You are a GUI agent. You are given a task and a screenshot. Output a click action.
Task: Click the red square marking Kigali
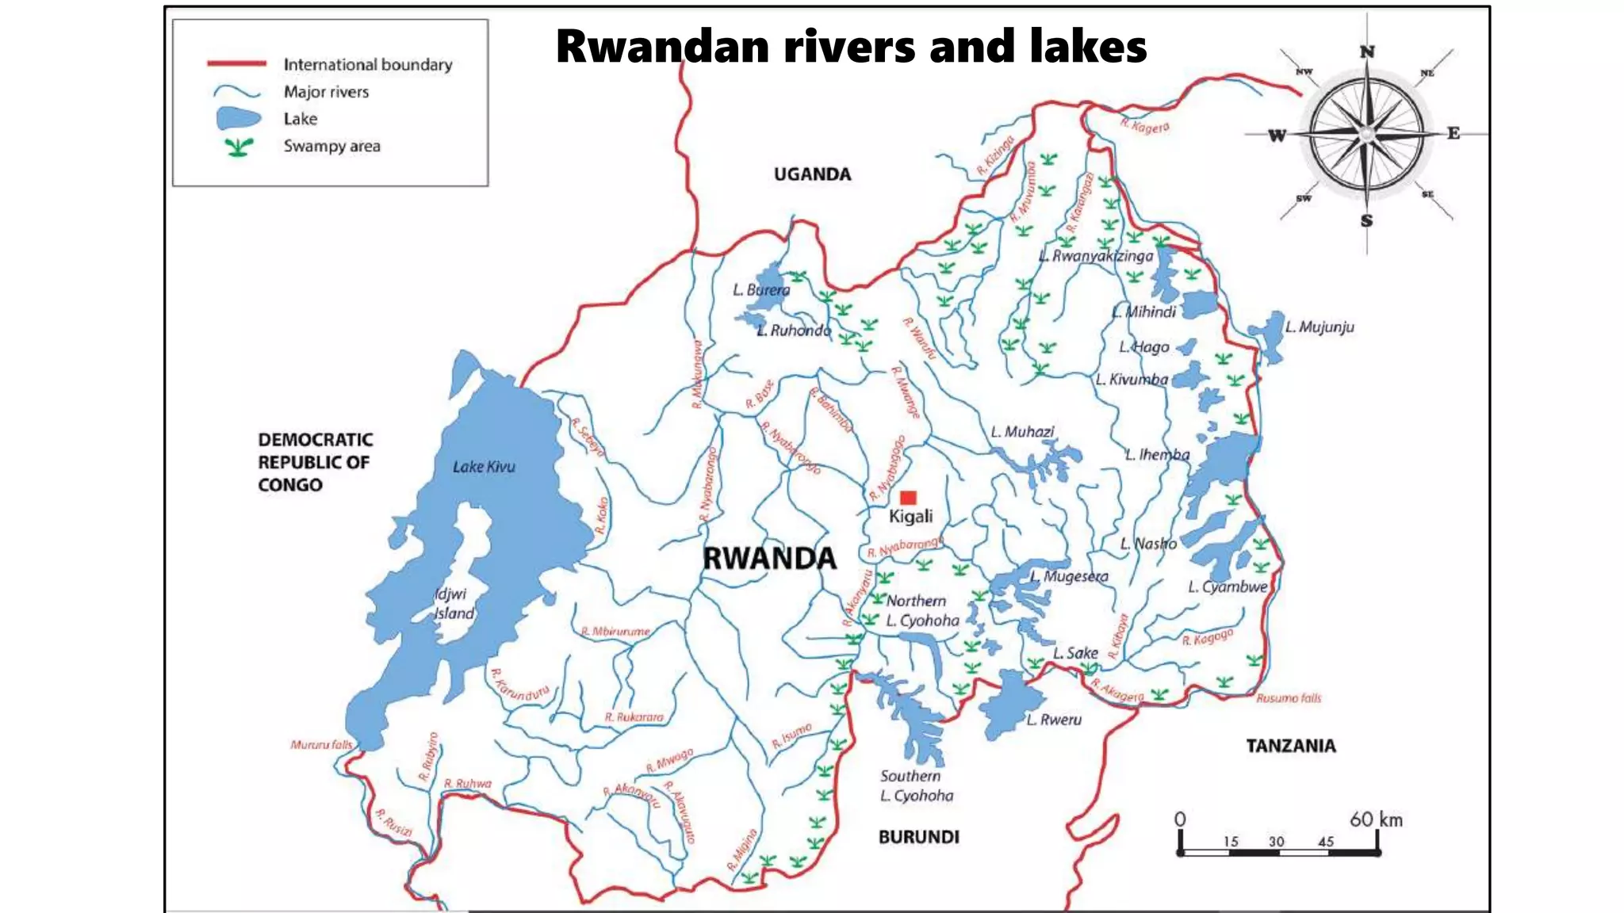[x=908, y=498]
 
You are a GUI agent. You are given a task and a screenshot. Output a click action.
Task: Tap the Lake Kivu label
[x=484, y=467]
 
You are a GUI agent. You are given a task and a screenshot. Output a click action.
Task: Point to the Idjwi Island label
[x=454, y=603]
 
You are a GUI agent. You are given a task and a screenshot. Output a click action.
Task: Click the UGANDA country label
[x=812, y=174]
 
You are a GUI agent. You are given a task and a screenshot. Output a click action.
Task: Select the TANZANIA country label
[x=1290, y=746]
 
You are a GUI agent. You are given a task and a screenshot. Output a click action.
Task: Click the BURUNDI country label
[x=918, y=837]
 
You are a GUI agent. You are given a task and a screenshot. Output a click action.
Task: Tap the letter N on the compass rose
[x=1367, y=52]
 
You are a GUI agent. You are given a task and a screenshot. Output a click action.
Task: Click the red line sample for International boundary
[x=236, y=63]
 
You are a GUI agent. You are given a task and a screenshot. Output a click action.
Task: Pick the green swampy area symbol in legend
[x=238, y=147]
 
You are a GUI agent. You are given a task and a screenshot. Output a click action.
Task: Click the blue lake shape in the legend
[x=238, y=119]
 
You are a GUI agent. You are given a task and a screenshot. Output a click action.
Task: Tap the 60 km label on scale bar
[x=1376, y=819]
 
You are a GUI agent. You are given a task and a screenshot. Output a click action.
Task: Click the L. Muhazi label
[x=1022, y=432]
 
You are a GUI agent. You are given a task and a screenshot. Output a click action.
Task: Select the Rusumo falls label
[x=1289, y=698]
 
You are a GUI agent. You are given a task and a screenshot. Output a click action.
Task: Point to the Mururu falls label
[x=321, y=745]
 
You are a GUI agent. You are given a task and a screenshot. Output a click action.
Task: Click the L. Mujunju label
[x=1319, y=327]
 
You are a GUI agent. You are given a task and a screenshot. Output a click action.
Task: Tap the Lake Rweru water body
[x=1010, y=704]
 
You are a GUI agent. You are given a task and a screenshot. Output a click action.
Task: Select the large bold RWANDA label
[x=769, y=559]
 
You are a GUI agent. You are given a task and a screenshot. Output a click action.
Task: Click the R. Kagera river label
[x=1144, y=126]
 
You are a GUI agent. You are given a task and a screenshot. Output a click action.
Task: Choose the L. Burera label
[x=761, y=290]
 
